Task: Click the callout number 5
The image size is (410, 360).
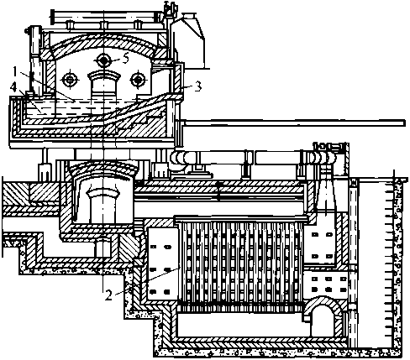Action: coord(125,59)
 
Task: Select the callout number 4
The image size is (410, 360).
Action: coord(13,88)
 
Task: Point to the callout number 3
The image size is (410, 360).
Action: coord(197,86)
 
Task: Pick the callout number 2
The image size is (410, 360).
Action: coord(109,295)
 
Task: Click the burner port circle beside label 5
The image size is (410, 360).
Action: coord(104,60)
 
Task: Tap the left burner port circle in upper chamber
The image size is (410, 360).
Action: coord(69,80)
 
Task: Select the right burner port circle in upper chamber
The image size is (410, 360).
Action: coord(138,80)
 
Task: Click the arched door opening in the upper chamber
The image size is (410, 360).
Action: coord(103,83)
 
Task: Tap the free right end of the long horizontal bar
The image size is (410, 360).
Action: coord(404,123)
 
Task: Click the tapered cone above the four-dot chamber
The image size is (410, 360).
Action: coord(325,196)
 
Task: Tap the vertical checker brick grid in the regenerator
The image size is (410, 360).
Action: coord(241,263)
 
